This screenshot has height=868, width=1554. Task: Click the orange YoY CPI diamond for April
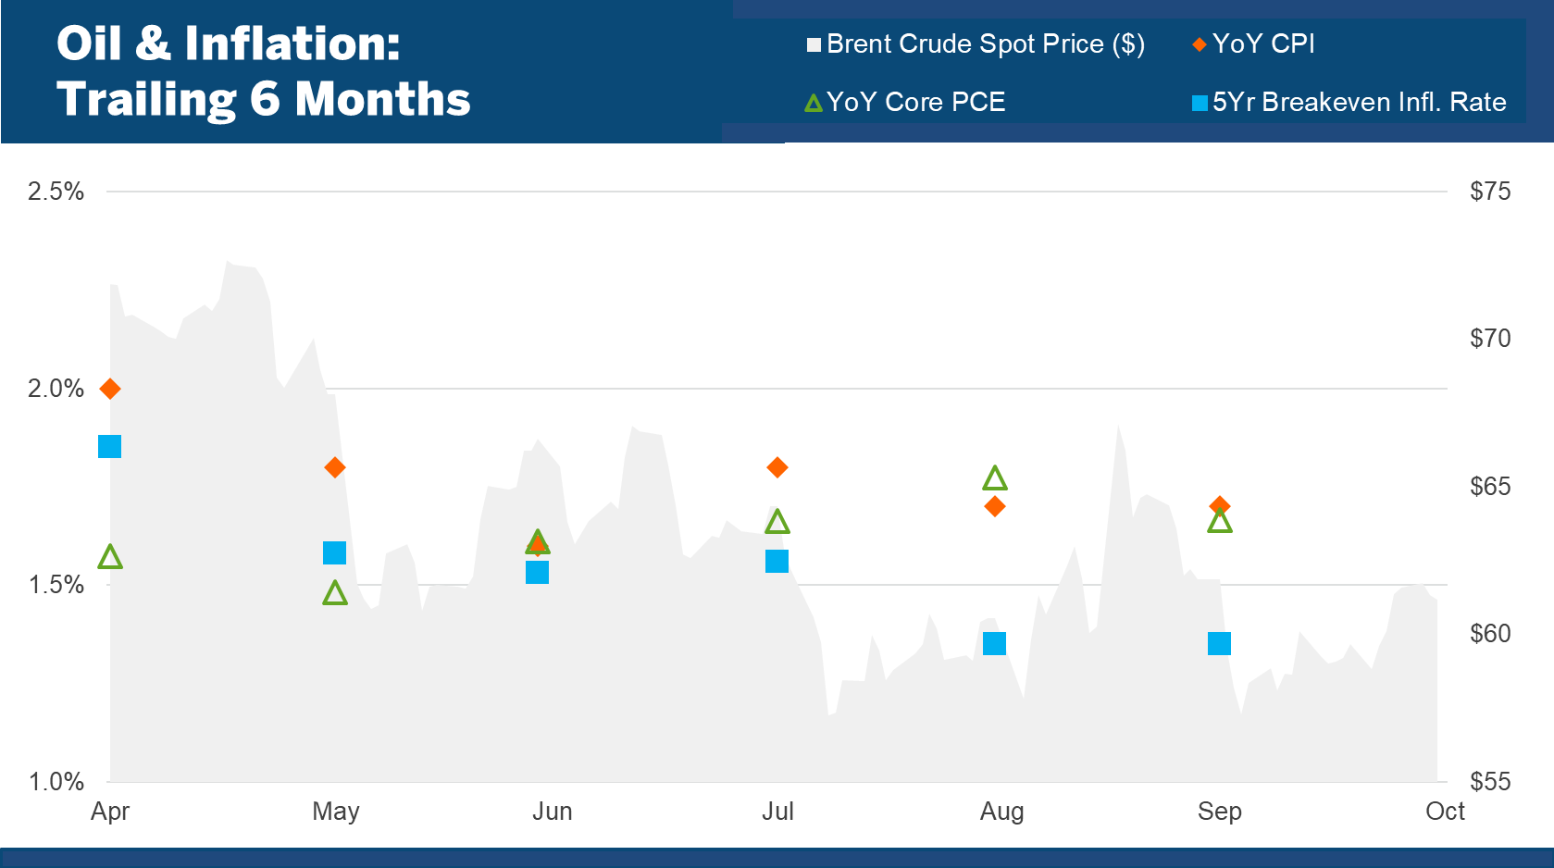pos(110,389)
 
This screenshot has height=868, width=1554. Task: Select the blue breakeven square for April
pos(109,447)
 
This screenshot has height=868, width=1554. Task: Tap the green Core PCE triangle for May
pos(335,593)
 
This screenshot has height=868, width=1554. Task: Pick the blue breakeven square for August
pos(994,643)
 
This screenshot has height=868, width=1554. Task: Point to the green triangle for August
pos(995,478)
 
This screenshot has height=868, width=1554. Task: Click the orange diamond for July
pos(777,467)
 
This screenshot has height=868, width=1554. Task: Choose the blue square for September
pos(1219,643)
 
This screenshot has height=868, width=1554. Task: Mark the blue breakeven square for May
pos(334,553)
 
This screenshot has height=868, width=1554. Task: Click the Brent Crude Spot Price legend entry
pos(976,44)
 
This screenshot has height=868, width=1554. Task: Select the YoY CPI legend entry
pos(1254,44)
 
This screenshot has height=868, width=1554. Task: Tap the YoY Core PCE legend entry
pos(905,102)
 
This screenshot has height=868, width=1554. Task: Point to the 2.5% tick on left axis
pos(56,192)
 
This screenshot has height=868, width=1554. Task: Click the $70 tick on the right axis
pos(1490,339)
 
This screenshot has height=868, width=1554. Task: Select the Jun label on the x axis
pos(553,812)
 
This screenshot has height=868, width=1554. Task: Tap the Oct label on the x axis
pos(1445,812)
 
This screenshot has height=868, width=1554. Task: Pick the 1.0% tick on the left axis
pos(56,782)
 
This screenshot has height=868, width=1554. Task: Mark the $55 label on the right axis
pos(1490,782)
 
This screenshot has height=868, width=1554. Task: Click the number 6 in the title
pos(265,99)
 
